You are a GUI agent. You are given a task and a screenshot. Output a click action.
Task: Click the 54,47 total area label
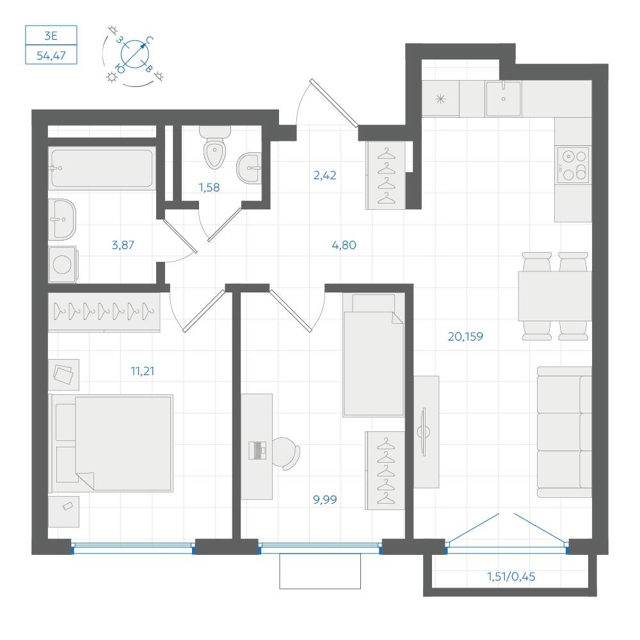coord(51,55)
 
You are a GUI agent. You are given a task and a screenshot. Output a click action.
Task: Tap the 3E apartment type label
coord(51,35)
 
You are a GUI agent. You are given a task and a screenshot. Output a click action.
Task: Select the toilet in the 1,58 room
coord(214,147)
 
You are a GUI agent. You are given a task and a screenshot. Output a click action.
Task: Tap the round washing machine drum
coord(63,264)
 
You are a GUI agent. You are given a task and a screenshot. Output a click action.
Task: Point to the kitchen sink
coord(503,99)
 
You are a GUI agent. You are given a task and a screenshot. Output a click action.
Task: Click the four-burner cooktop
coord(573,164)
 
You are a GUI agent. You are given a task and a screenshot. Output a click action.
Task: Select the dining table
coord(555,296)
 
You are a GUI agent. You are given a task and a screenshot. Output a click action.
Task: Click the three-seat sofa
coord(564,432)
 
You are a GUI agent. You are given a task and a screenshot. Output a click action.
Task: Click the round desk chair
coord(285,452)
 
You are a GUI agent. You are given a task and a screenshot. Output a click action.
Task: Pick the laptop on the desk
coord(257,450)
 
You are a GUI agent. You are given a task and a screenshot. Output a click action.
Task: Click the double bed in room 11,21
coord(111,443)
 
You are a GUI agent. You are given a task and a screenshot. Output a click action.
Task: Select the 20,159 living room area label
coord(465,337)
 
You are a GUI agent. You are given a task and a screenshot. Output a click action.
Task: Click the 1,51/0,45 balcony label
coord(511,577)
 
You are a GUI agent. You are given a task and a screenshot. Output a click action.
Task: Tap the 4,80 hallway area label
coord(344,245)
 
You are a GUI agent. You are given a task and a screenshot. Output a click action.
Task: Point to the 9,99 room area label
coord(325,499)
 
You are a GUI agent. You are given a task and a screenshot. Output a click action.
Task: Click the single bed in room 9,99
coord(373,355)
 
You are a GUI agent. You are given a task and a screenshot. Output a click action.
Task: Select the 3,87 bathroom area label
coord(123,245)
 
